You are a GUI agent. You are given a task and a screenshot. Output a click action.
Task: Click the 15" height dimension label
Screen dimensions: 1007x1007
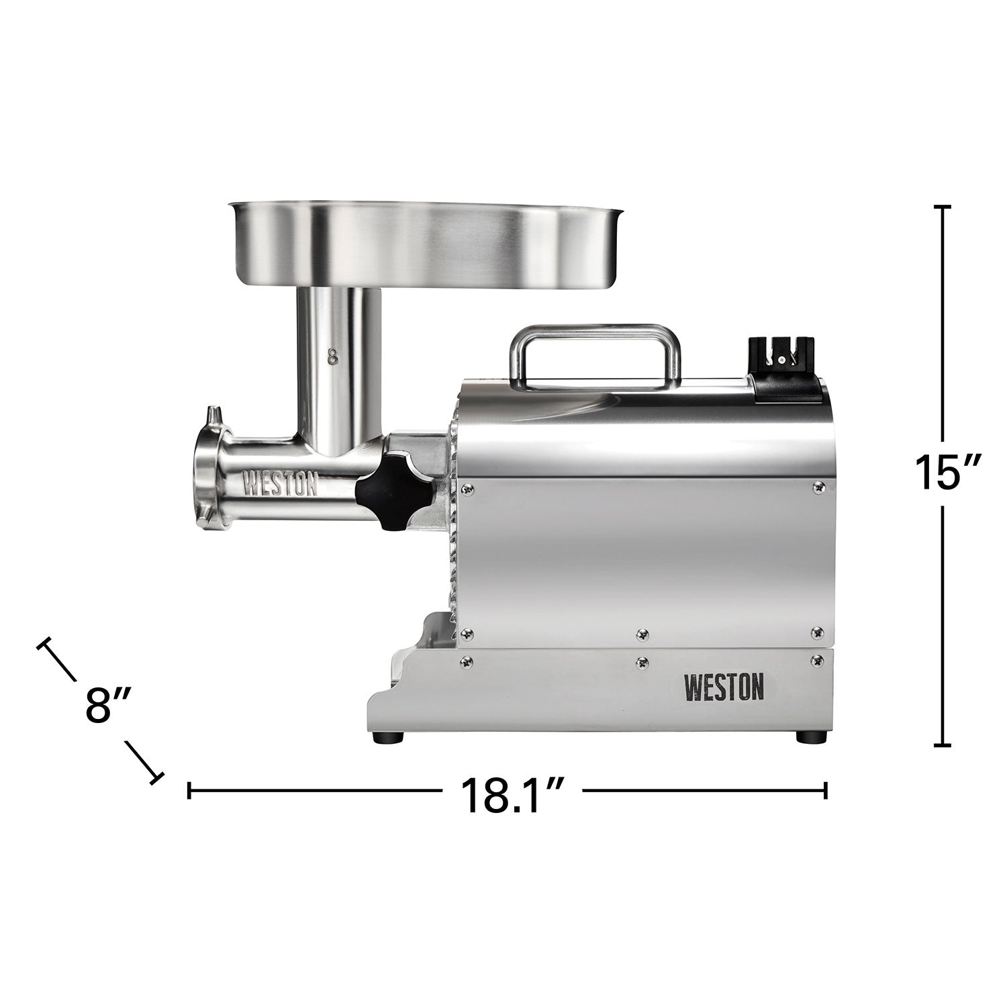click(x=943, y=472)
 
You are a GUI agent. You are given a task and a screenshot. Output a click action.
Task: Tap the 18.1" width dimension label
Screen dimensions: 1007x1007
click(x=510, y=796)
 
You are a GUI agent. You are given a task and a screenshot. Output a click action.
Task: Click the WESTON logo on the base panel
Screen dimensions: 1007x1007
click(x=724, y=687)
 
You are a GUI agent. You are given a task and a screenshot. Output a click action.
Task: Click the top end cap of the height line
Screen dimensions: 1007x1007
click(x=943, y=208)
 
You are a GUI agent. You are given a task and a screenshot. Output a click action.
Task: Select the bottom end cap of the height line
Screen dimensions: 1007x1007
click(x=943, y=745)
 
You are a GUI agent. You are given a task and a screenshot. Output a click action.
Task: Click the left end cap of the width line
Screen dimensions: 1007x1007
click(x=190, y=790)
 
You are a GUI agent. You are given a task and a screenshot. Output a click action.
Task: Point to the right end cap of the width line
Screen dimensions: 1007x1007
click(x=826, y=790)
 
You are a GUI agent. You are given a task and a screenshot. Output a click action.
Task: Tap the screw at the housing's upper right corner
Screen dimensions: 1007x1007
click(x=816, y=486)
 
